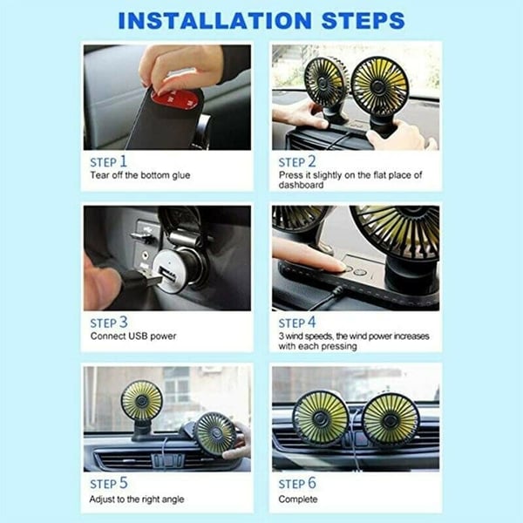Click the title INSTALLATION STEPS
tap(261, 19)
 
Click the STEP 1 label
tap(109, 161)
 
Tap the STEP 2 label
tap(297, 161)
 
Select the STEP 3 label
tap(109, 322)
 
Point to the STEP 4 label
tap(297, 322)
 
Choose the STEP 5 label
tap(109, 482)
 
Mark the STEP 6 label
tap(297, 482)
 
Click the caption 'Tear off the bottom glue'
tap(139, 176)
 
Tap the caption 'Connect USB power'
tap(132, 336)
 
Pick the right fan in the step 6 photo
tap(391, 418)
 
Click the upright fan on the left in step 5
tap(142, 402)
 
